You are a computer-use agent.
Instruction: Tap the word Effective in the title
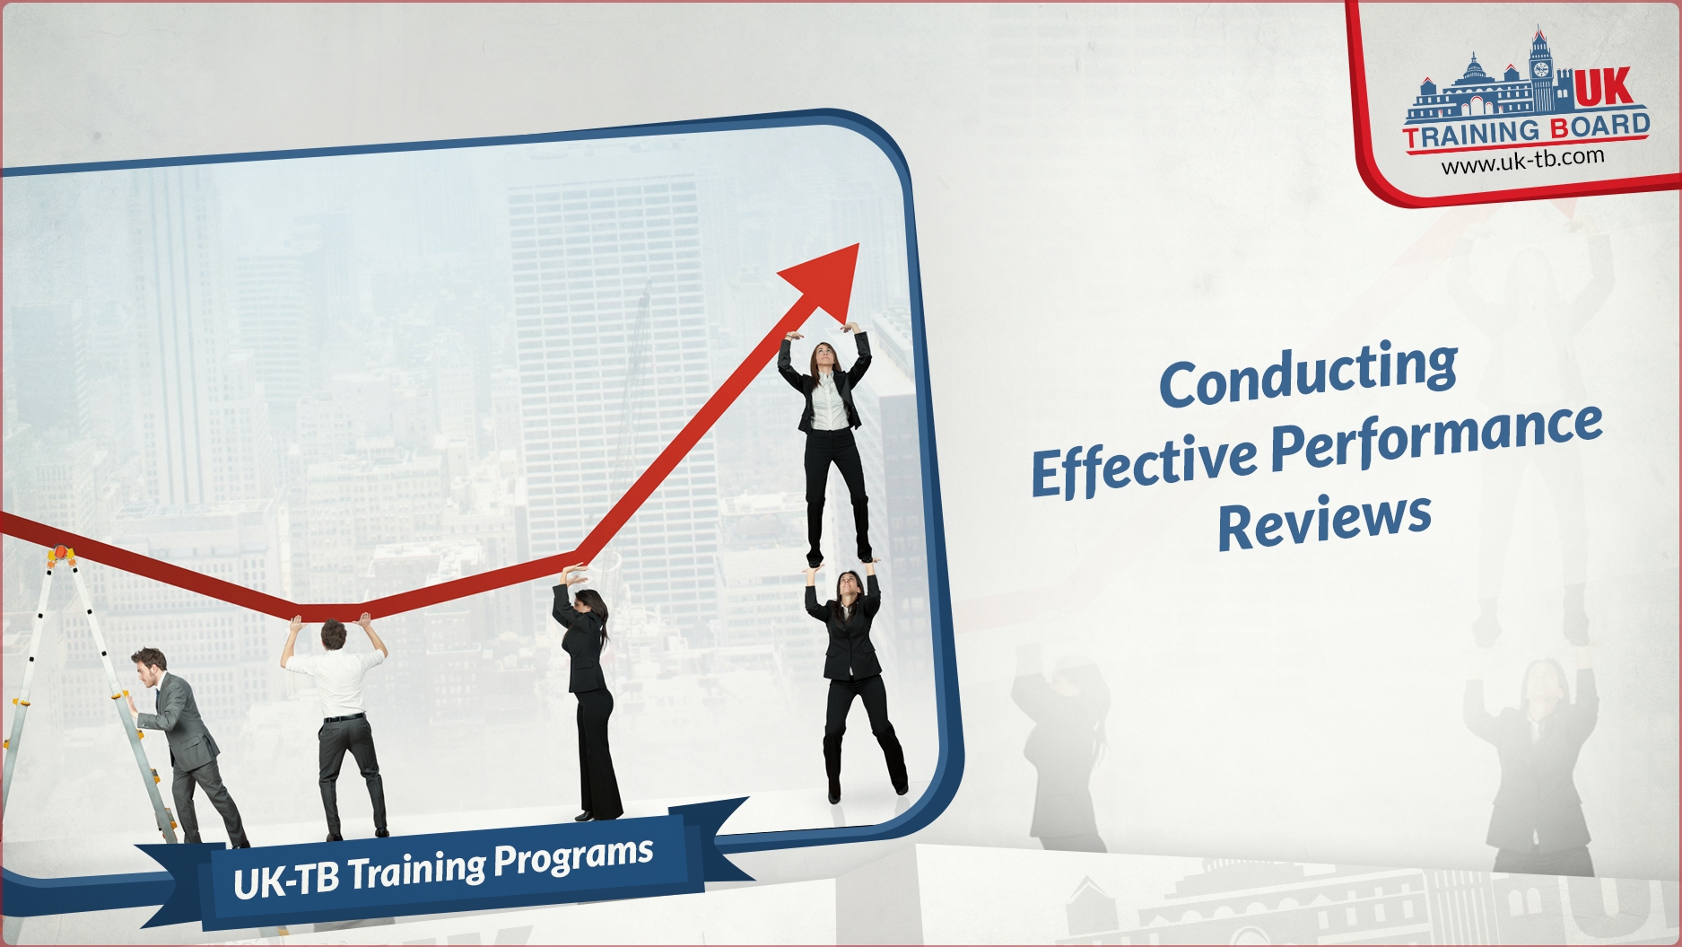tap(1145, 463)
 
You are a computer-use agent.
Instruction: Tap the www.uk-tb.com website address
tap(1522, 160)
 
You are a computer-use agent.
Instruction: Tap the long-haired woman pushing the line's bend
tap(585, 691)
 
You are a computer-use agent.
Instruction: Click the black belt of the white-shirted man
tap(344, 717)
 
